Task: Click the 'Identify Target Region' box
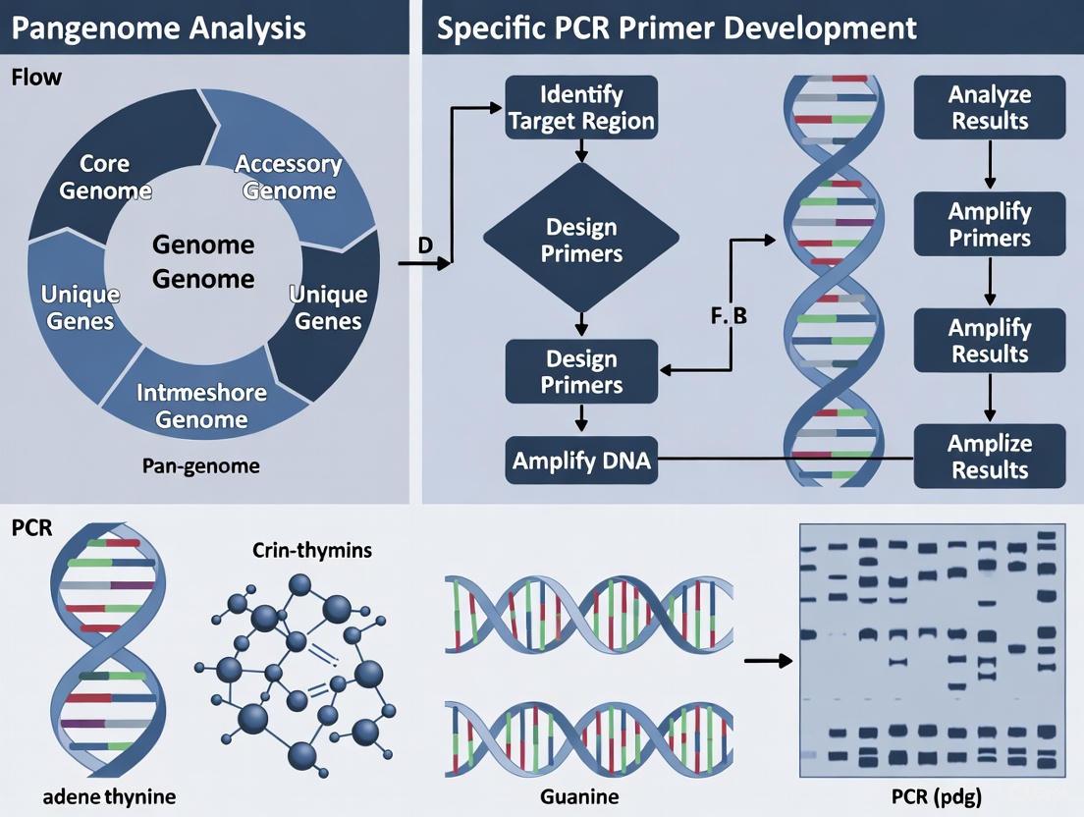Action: tap(581, 108)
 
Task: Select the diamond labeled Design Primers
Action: tap(581, 240)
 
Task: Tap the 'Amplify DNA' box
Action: tap(581, 459)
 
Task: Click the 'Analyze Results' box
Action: tap(989, 108)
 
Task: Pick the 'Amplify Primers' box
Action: tap(989, 225)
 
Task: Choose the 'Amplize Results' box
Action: tap(989, 456)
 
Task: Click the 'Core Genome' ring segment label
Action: tap(105, 176)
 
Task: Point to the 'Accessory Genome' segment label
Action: tap(288, 177)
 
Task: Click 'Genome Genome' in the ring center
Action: tap(203, 261)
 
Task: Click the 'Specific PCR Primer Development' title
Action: tap(677, 27)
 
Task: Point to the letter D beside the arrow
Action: tap(425, 245)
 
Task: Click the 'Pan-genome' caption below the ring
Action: tap(202, 465)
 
